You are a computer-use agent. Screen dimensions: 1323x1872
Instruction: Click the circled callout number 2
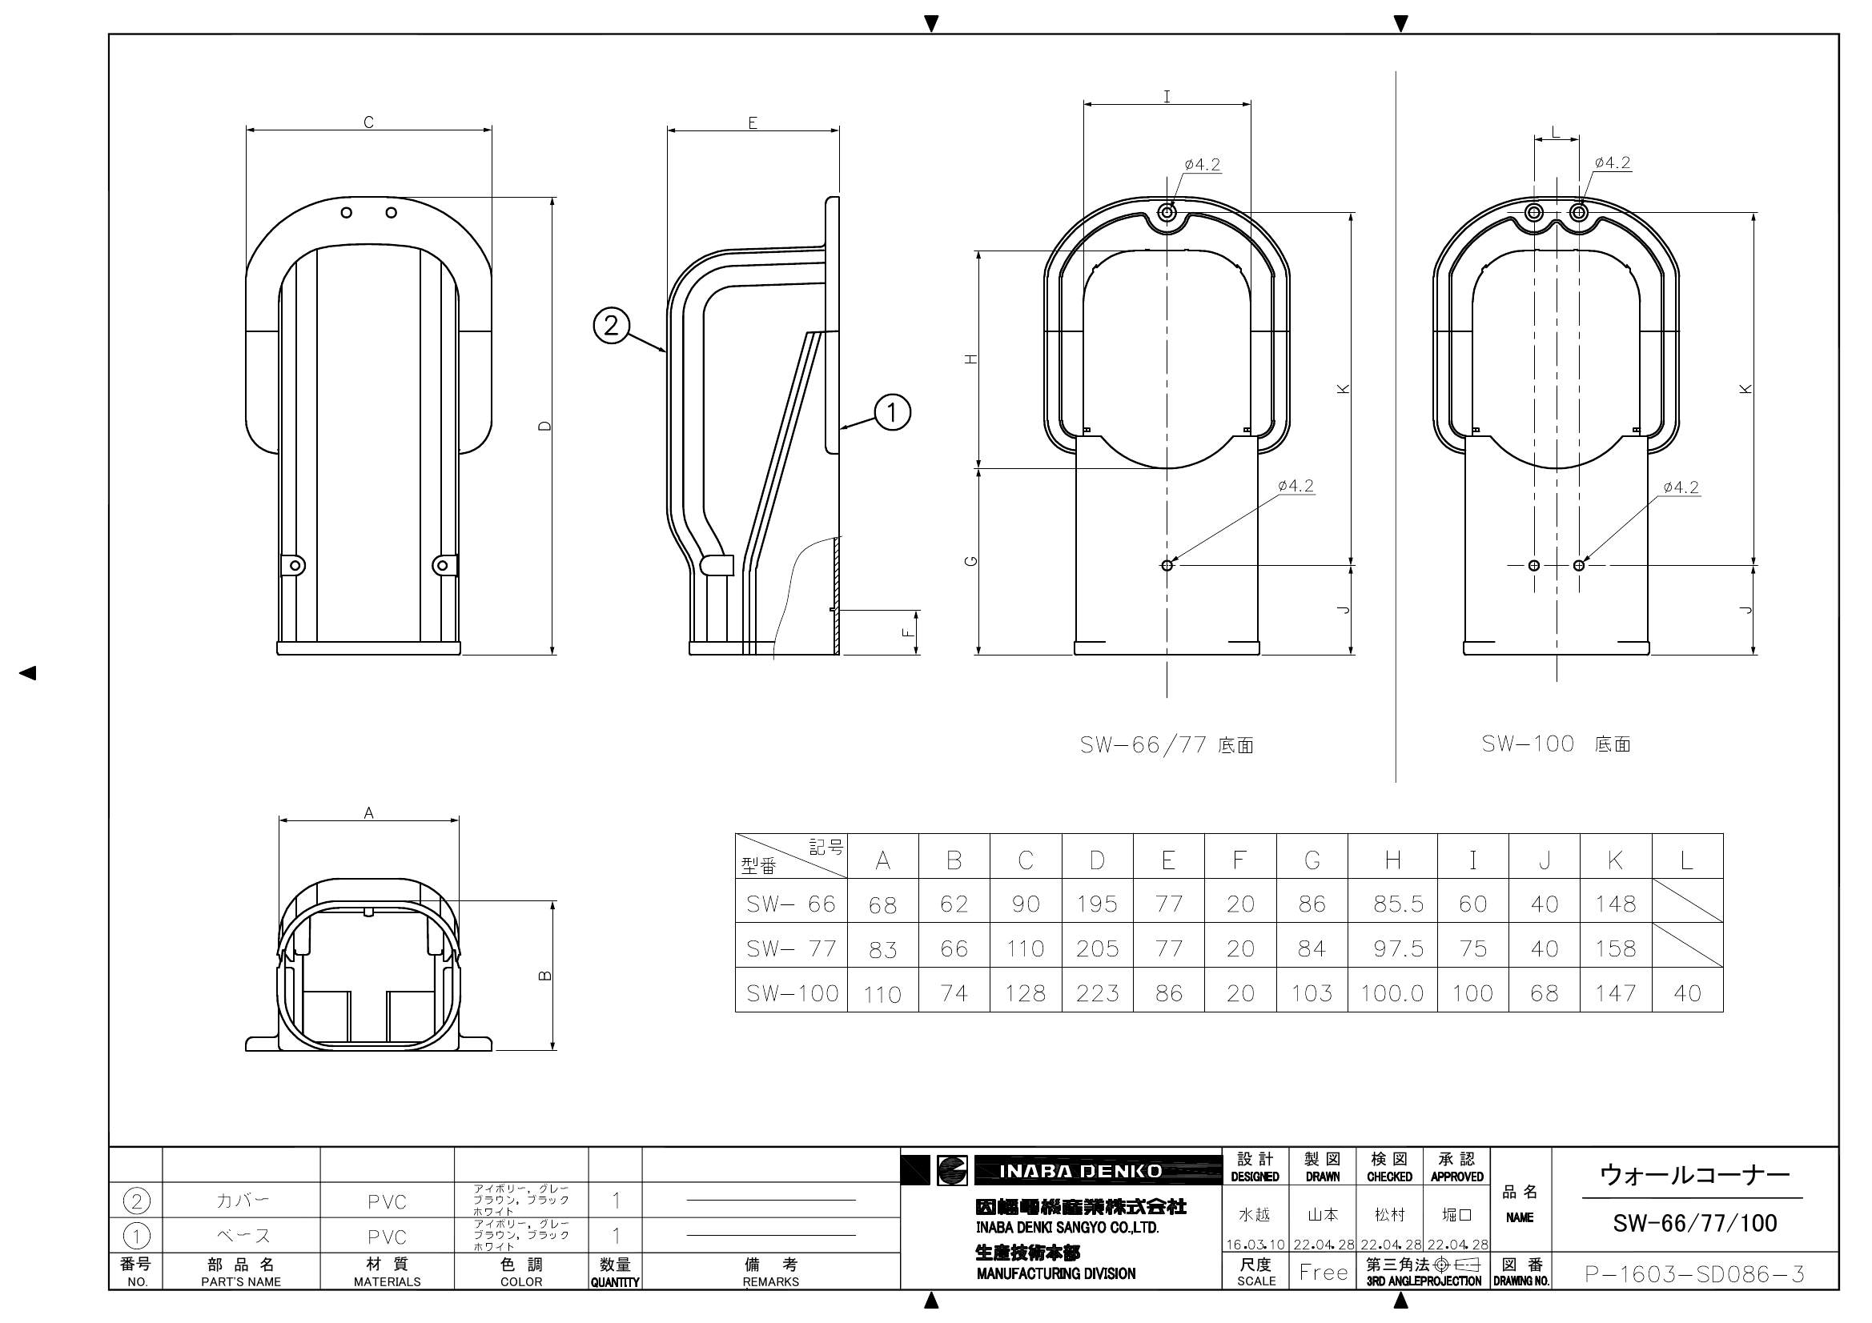612,326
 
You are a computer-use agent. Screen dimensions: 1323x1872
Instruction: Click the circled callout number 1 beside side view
892,411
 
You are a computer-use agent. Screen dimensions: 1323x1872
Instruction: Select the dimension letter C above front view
368,122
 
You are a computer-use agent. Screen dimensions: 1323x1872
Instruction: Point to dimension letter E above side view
753,123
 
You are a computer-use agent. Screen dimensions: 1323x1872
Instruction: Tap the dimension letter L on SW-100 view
1555,132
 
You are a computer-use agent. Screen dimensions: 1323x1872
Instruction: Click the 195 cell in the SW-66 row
1097,903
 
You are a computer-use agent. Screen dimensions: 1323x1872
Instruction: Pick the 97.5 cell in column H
1398,948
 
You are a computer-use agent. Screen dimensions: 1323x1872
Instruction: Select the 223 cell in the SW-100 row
1097,993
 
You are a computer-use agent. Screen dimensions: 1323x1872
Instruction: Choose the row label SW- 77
791,948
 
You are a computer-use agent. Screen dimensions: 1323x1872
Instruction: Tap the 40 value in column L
1687,993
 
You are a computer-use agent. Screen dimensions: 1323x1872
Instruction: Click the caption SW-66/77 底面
1166,745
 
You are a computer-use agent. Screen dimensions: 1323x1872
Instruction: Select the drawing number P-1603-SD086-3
1694,1274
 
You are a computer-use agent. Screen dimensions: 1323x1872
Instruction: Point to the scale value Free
1324,1273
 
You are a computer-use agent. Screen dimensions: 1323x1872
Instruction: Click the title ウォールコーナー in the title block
1694,1175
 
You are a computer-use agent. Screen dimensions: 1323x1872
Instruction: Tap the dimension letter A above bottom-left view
368,812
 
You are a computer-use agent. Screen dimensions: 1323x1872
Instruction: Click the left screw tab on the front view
295,565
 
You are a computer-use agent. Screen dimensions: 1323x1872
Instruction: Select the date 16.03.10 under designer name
1255,1245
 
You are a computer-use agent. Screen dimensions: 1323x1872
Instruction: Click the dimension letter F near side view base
910,631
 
